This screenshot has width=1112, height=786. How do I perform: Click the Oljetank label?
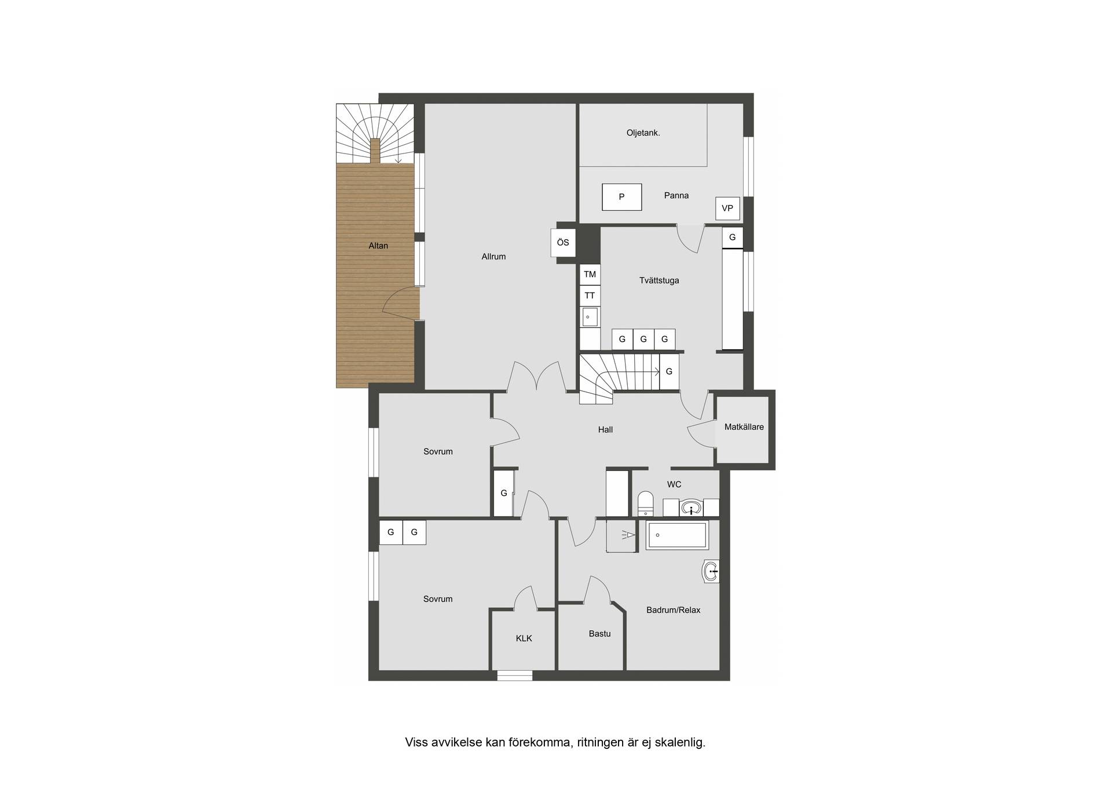[643, 133]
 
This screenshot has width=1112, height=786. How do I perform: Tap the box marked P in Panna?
[621, 197]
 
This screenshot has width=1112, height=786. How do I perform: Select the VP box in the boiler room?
[727, 209]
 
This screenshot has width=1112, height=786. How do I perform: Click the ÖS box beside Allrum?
[562, 243]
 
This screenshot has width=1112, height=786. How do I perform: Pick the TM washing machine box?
[590, 275]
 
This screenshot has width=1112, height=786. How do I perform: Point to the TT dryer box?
[590, 295]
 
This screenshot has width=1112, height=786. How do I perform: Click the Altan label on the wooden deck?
[378, 246]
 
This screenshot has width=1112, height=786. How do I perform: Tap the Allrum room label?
[493, 257]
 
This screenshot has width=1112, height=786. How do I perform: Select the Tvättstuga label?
[659, 280]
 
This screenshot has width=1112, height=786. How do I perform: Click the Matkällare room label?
[744, 427]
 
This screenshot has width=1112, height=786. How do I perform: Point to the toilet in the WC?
[645, 504]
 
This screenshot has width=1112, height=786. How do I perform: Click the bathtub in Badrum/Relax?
[677, 535]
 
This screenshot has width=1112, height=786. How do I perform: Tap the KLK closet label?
[524, 638]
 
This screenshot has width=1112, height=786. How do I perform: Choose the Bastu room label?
[599, 634]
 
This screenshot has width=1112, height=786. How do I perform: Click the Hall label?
[605, 430]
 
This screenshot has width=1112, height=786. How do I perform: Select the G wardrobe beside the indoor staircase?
[669, 371]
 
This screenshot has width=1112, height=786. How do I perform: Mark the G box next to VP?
[732, 237]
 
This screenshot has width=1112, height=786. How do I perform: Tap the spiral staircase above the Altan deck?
[375, 134]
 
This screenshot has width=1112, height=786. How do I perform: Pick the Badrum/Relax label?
[673, 610]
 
